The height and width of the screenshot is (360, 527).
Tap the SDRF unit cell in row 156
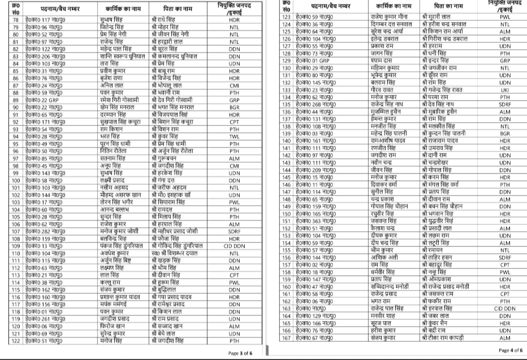(505, 258)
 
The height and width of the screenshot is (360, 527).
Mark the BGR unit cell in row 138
(505, 134)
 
